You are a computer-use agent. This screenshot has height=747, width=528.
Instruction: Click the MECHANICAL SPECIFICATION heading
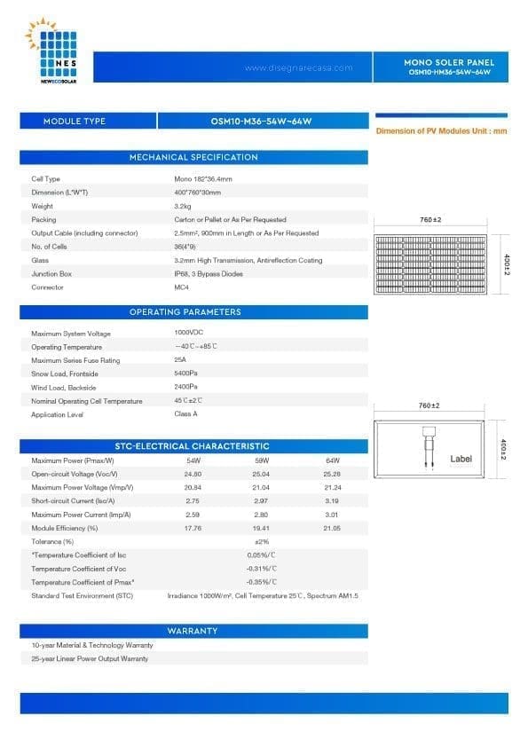(193, 157)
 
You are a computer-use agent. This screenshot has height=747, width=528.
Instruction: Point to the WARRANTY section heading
(193, 631)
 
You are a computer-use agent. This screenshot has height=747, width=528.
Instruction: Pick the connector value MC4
(181, 287)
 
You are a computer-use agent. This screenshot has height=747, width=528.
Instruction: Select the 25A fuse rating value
(180, 360)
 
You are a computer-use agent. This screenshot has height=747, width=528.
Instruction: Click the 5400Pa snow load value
(185, 373)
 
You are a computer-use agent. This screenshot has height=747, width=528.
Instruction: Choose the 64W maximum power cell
(333, 460)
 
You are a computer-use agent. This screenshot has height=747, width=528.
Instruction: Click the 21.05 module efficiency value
(333, 528)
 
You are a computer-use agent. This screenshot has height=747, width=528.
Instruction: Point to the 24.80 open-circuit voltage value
(193, 474)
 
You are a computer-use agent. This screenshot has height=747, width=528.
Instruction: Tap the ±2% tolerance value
(261, 541)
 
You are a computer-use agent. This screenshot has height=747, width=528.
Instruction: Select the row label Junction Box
(51, 274)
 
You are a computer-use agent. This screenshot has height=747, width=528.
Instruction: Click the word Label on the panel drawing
(461, 459)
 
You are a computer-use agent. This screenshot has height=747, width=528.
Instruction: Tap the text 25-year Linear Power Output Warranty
(90, 658)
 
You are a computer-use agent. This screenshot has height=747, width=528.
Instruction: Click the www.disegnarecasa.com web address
(297, 68)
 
